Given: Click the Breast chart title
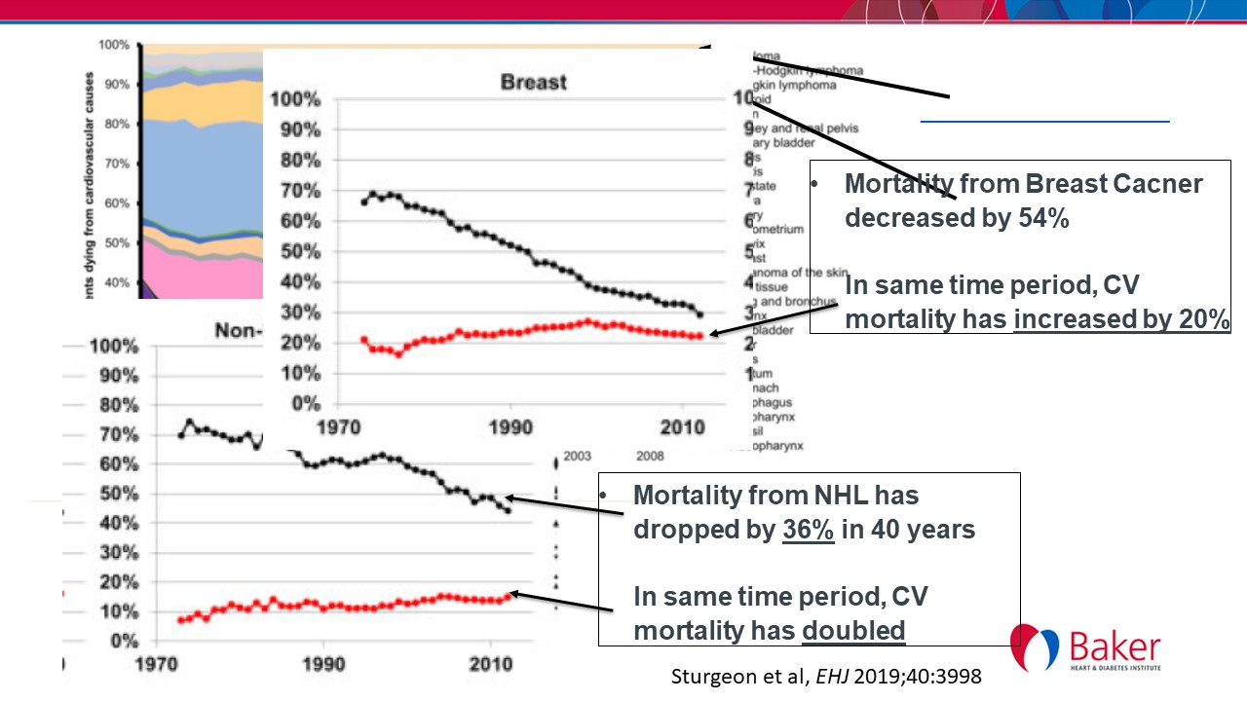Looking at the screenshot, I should tap(533, 82).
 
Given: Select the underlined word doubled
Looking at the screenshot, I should tap(853, 630).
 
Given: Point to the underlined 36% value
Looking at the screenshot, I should tap(808, 532).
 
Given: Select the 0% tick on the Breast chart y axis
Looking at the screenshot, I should tap(302, 403).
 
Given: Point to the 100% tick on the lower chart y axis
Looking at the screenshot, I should tap(114, 347).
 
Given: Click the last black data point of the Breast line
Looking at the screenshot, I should tap(700, 314).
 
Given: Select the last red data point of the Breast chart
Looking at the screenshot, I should tap(700, 336).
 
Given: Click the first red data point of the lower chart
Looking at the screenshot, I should tap(181, 620).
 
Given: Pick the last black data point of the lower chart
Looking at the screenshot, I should tap(508, 510).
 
